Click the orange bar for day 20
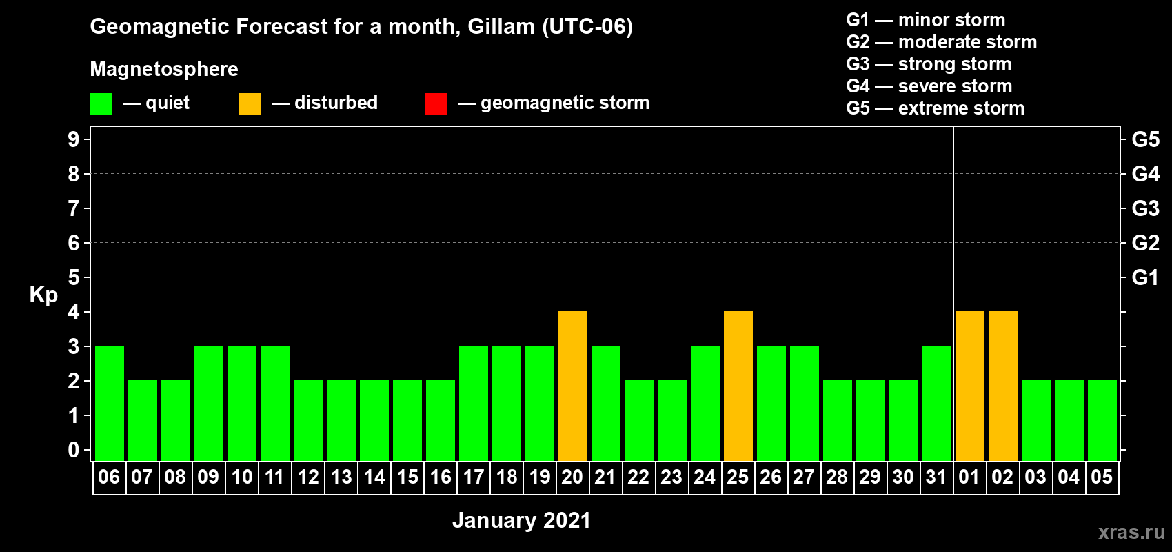(573, 386)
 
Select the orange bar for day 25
(738, 386)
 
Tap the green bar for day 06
(110, 403)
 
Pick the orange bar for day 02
(1003, 386)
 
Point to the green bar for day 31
(937, 403)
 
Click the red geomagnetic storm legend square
(436, 103)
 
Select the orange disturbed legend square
(250, 103)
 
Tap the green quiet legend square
(101, 103)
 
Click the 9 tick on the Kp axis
(73, 139)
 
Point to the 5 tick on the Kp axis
(73, 277)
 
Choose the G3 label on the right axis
(1146, 208)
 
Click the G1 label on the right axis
(1146, 277)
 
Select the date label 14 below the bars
(374, 477)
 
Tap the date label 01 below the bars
(969, 477)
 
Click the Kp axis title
(43, 295)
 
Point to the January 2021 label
(522, 520)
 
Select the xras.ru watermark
(1131, 533)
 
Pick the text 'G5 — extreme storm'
(936, 108)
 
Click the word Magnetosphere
(164, 69)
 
